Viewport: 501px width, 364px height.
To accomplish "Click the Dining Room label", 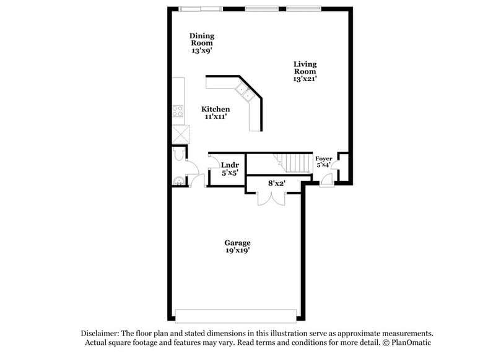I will (202, 40).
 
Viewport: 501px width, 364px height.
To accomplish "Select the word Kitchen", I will (215, 109).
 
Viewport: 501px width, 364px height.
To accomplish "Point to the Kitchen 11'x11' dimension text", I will (215, 116).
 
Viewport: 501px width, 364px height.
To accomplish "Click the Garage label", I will (238, 243).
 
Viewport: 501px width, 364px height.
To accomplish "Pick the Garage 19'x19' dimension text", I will (238, 251).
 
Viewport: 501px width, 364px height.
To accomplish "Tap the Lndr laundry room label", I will (230, 165).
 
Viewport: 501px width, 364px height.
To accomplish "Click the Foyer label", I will (324, 159).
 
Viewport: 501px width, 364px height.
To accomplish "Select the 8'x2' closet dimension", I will (276, 183).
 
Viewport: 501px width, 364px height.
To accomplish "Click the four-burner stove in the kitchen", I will (178, 111).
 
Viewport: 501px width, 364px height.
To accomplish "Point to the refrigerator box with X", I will (180, 133).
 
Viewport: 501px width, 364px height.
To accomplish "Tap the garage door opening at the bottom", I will (238, 312).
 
